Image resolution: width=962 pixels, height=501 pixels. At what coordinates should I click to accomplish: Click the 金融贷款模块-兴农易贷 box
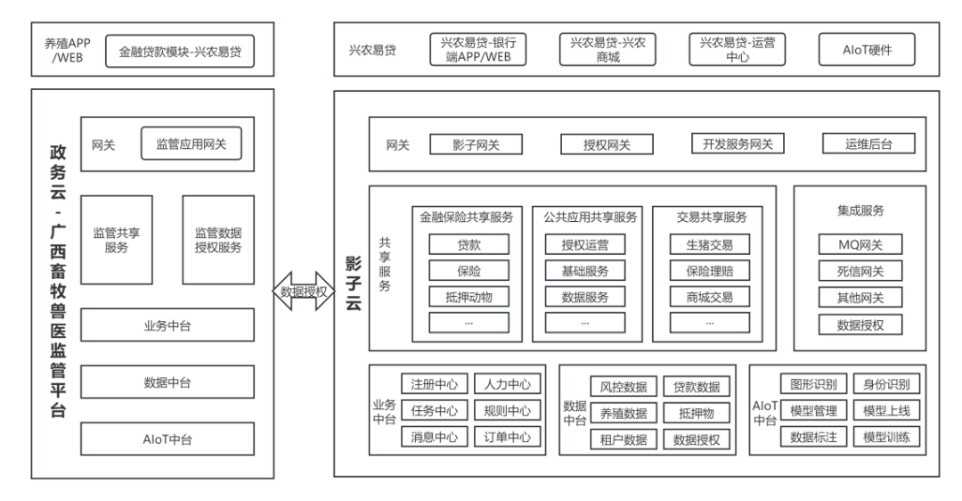(179, 51)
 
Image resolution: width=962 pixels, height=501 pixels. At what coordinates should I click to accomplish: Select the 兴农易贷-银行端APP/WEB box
(477, 50)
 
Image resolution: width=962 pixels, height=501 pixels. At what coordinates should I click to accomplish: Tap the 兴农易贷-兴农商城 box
(607, 50)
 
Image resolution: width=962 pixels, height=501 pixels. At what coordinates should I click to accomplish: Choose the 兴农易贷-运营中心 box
(738, 50)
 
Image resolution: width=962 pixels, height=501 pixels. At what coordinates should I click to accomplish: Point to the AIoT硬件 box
(867, 50)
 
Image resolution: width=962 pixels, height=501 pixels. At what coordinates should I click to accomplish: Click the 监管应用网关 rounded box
(192, 144)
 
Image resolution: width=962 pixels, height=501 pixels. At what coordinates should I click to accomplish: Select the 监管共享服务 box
(117, 241)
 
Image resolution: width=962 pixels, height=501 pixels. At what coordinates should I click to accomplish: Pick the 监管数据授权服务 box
(218, 241)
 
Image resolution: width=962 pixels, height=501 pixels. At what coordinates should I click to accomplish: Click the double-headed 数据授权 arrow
(303, 292)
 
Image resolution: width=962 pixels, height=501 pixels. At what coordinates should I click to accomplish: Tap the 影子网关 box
(476, 144)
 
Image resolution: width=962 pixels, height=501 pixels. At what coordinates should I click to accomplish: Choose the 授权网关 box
(607, 144)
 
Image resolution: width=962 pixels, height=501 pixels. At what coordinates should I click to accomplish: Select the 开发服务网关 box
(738, 144)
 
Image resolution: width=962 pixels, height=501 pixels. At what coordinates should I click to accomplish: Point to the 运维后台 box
(868, 144)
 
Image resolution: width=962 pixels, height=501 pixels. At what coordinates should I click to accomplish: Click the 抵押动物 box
(469, 297)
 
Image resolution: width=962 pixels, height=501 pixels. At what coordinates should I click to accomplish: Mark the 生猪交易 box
(709, 244)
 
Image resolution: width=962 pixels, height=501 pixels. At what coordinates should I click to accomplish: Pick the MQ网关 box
(860, 244)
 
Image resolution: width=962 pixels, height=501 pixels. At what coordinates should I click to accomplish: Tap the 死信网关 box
(860, 271)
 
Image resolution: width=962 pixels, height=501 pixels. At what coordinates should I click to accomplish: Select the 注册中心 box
(434, 384)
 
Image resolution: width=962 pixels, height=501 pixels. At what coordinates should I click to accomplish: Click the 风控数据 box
(624, 387)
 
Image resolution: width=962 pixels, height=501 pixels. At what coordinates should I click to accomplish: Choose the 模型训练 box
(886, 438)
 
